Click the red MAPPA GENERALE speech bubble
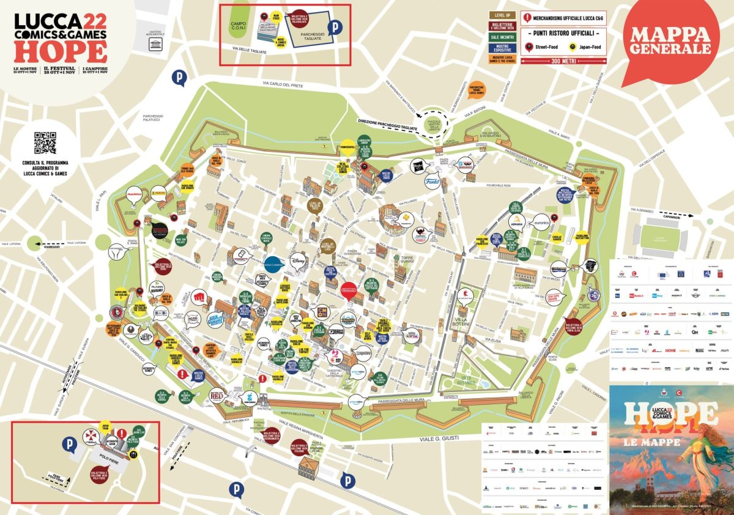point(670,40)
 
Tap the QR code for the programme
point(45,143)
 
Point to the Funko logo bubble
point(432,180)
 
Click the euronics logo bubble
point(542,224)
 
